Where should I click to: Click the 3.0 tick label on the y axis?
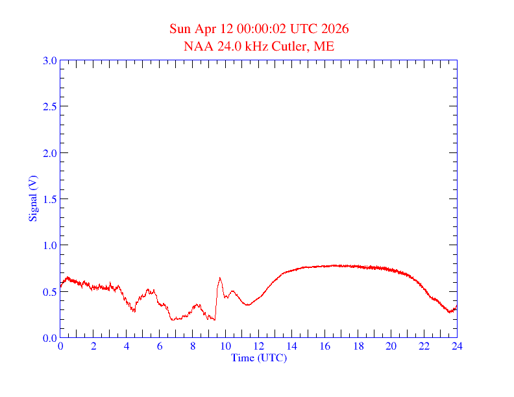(50, 60)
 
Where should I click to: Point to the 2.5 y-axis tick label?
(50, 106)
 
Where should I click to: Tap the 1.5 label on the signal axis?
(50, 199)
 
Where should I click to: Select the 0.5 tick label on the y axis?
(50, 292)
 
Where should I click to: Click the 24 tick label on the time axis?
(457, 346)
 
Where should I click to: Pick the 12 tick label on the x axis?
(259, 346)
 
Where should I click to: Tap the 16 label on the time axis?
(325, 346)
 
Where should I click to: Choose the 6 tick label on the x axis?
(160, 346)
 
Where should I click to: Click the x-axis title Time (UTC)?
(259, 357)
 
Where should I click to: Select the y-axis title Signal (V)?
(32, 198)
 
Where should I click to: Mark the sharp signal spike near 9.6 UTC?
(220, 278)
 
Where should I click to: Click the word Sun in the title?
(180, 29)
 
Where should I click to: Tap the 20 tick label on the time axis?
(391, 346)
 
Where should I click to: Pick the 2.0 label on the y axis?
(50, 153)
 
